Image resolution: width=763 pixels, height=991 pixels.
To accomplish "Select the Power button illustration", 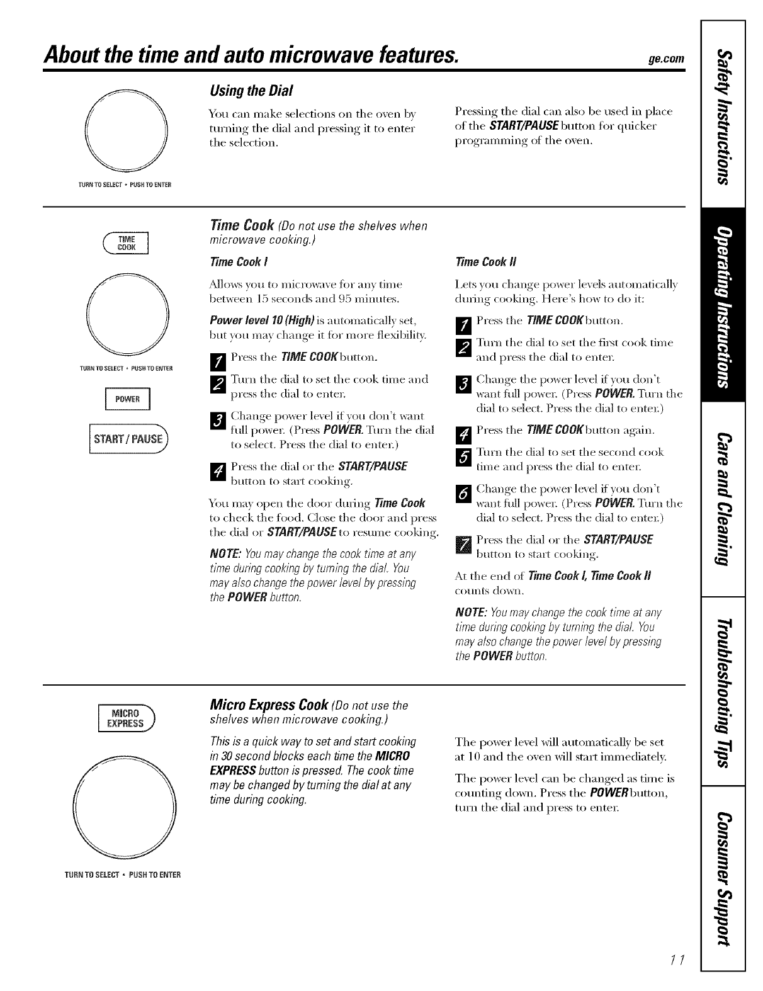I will tap(128, 400).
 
